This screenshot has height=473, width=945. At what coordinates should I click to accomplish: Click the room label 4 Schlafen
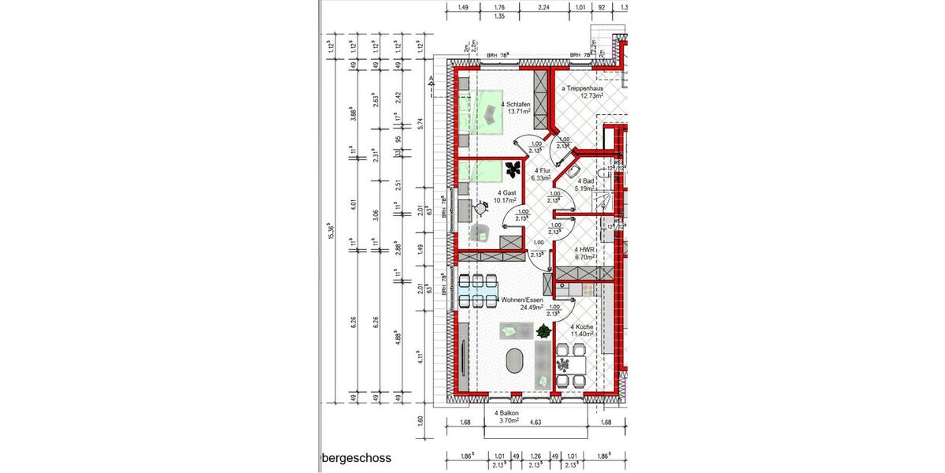click(517, 108)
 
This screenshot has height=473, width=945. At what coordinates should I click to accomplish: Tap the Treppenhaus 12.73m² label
click(582, 93)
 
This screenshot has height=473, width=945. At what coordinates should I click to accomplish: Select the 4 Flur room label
click(541, 174)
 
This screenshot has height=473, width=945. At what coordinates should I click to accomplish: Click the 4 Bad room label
click(584, 184)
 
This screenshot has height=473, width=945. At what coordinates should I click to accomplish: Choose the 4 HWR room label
click(584, 252)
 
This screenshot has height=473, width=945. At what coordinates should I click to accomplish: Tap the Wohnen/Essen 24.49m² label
click(526, 304)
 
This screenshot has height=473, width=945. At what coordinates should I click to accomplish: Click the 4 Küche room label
click(583, 330)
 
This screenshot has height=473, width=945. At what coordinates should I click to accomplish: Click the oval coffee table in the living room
click(514, 362)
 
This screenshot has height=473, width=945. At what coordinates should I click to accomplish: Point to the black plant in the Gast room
click(513, 168)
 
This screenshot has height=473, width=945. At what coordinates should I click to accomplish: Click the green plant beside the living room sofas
click(543, 333)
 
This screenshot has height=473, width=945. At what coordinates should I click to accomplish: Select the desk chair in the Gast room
click(482, 207)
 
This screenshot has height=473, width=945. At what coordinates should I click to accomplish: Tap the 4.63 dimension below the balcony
click(535, 423)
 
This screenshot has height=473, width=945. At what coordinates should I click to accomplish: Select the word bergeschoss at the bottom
click(356, 457)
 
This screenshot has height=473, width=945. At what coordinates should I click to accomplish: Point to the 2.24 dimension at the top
click(543, 8)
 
